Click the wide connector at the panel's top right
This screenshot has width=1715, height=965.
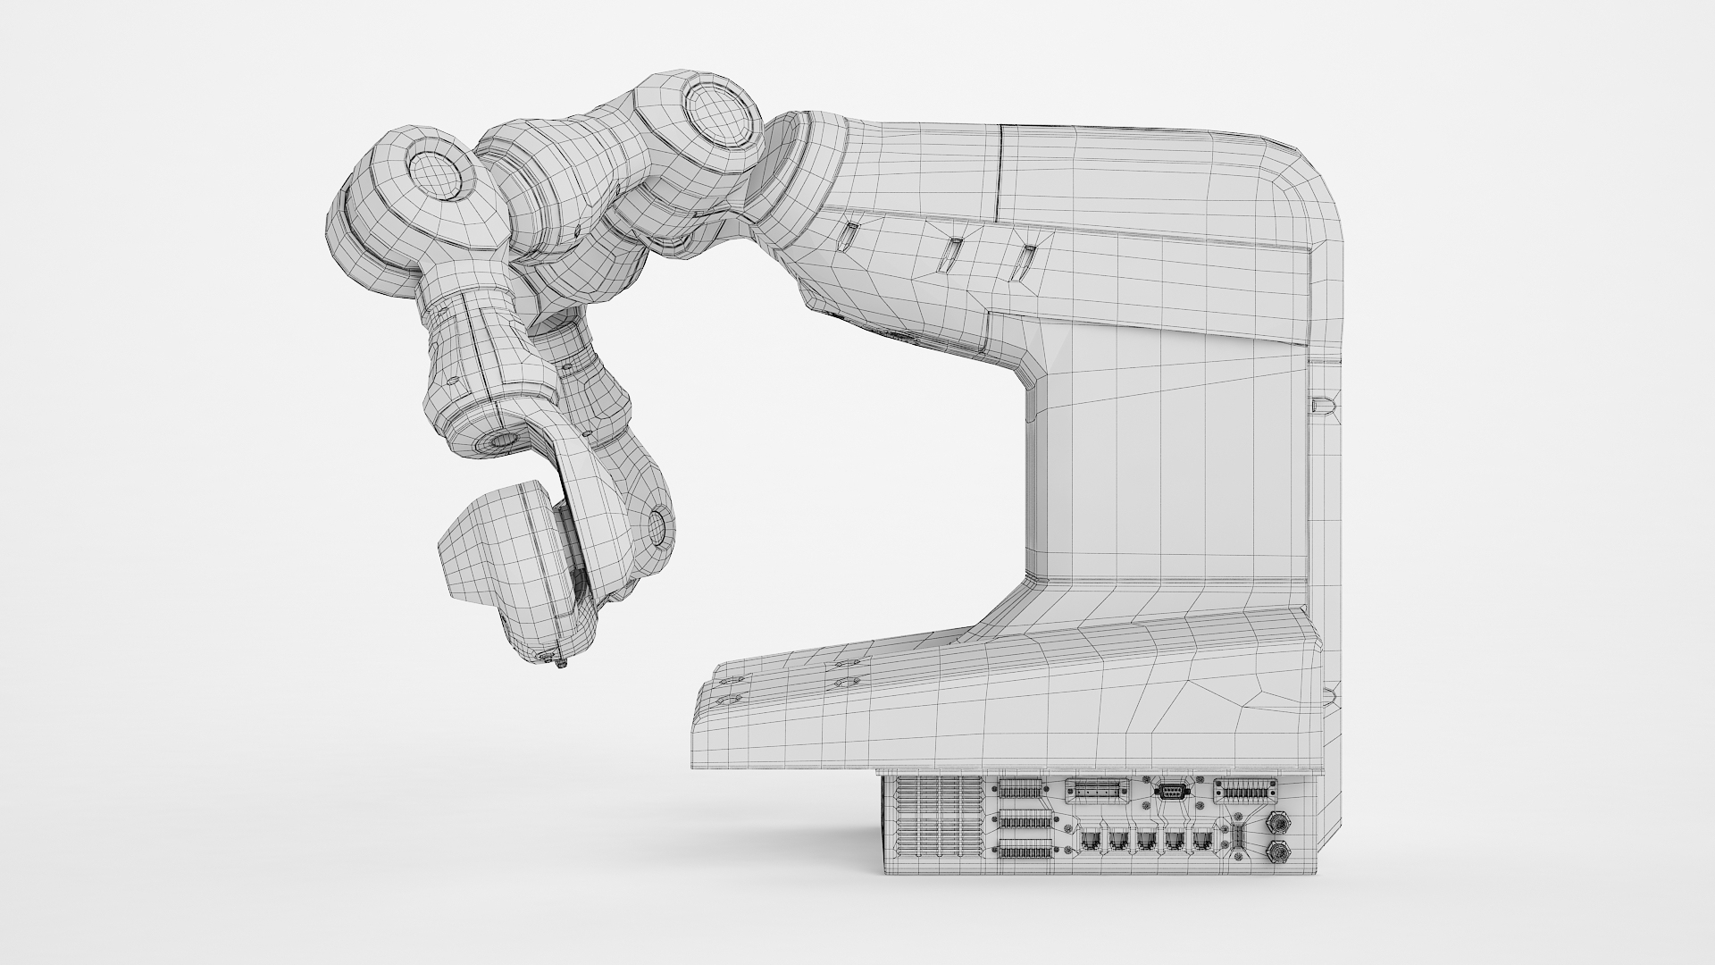1247,790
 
